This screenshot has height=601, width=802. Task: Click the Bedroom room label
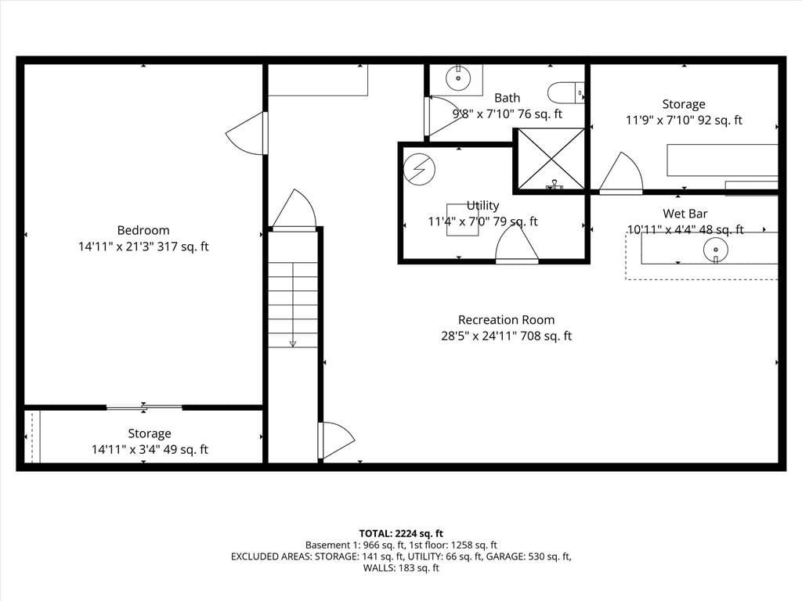(143, 231)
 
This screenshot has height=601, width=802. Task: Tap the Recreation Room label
(507, 320)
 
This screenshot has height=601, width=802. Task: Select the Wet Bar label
(685, 214)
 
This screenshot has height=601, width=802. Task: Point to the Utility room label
(482, 206)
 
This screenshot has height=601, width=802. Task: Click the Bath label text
(507, 98)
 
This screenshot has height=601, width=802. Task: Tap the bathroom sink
(457, 78)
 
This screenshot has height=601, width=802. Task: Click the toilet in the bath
(565, 92)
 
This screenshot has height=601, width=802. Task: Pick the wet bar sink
(716, 250)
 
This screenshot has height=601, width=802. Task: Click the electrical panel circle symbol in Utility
(419, 169)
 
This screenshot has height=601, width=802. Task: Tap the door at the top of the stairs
(294, 210)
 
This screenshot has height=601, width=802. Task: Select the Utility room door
(517, 244)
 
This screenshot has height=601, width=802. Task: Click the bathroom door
(444, 117)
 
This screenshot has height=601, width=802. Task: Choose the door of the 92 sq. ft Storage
(621, 173)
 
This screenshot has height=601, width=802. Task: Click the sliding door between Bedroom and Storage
(144, 407)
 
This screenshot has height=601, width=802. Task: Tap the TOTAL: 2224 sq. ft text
(401, 534)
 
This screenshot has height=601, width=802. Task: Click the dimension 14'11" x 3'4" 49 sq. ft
(150, 450)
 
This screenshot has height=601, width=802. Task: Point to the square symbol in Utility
(462, 220)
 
